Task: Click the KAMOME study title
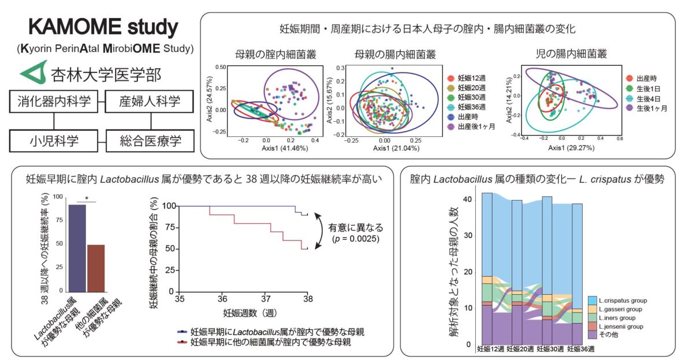tap(103, 27)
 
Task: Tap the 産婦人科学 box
tap(151, 102)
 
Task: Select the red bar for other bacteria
tap(95, 270)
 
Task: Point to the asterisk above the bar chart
tap(86, 199)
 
